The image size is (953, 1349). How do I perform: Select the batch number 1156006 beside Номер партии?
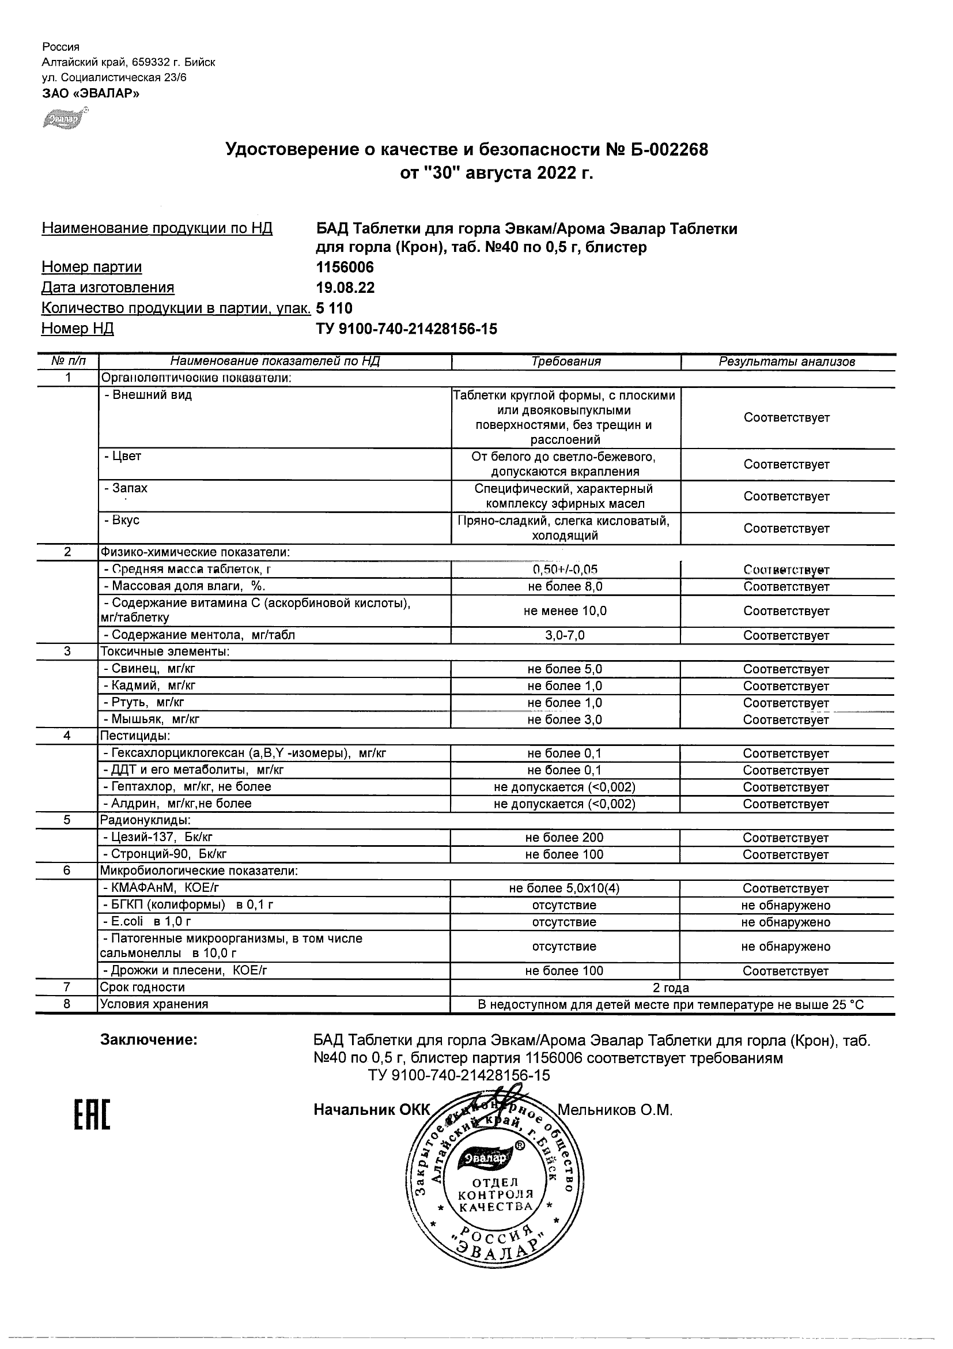(x=345, y=267)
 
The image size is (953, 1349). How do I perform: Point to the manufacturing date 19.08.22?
(x=345, y=288)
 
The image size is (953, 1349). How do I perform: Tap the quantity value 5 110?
(x=334, y=308)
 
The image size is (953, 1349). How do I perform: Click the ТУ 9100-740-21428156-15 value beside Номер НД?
(x=406, y=329)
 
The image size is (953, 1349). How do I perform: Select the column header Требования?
(x=566, y=362)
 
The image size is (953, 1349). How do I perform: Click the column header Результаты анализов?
(x=786, y=362)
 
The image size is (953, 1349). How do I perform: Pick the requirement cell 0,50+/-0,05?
(x=565, y=570)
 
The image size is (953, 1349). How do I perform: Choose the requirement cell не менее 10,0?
(x=565, y=611)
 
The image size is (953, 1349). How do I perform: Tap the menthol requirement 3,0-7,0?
(x=565, y=635)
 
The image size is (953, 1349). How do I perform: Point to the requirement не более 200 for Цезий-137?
(x=565, y=838)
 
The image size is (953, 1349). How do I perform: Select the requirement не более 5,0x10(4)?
(x=565, y=888)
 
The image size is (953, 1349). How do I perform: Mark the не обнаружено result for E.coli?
(x=786, y=922)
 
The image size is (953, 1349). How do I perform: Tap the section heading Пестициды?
(x=135, y=736)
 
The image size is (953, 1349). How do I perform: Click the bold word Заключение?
(x=149, y=1039)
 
